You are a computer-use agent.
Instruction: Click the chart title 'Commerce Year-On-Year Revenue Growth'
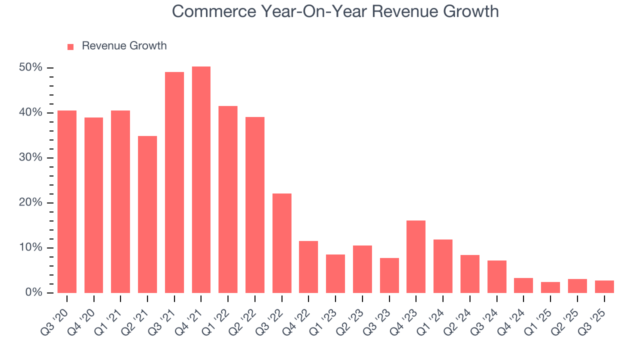pos(335,11)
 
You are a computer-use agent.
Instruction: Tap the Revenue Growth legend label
pos(124,46)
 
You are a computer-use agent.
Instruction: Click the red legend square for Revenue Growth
pos(70,46)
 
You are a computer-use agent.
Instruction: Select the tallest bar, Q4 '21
pos(201,180)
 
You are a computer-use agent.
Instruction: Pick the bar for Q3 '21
pos(174,182)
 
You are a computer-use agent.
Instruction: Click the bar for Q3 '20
pos(67,201)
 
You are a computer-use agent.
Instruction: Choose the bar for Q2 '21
pos(147,214)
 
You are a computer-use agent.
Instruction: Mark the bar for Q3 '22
pos(281,243)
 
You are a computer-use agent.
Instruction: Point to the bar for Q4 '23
pos(416,256)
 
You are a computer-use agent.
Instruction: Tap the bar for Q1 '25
pos(550,287)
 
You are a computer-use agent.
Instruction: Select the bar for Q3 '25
pos(604,286)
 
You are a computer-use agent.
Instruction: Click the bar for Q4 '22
pos(308,267)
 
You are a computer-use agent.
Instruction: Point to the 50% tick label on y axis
pos(30,67)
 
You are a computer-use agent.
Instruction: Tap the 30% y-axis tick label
pos(30,157)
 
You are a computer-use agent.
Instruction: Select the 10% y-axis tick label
pos(30,247)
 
